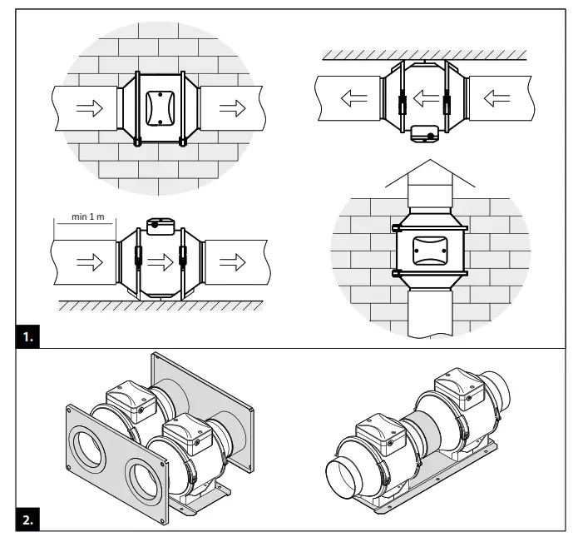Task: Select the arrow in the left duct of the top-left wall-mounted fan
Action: pos(86,109)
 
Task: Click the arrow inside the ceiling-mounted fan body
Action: pos(426,97)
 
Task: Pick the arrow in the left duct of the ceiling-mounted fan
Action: pos(354,97)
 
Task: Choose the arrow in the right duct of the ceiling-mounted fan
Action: pos(497,97)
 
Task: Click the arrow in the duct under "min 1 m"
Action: pos(85,263)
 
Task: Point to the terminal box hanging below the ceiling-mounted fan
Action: pos(426,132)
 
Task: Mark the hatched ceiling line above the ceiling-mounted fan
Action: pos(424,55)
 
